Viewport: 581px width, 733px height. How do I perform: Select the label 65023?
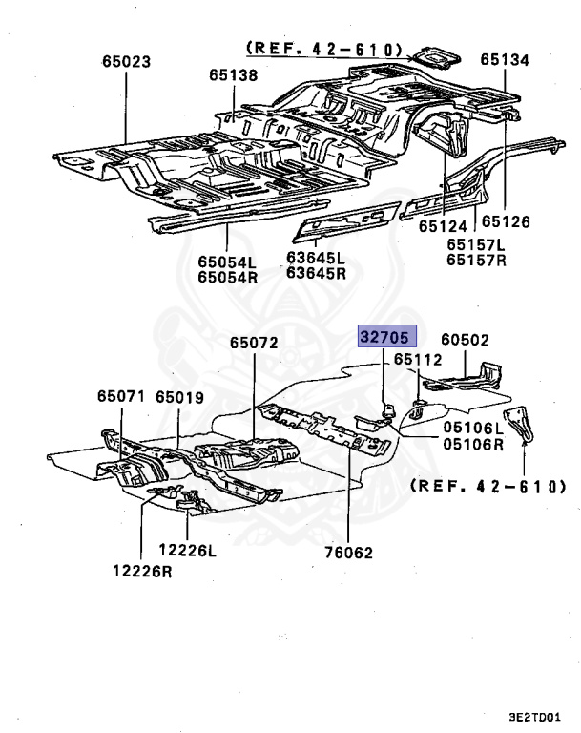coord(127,61)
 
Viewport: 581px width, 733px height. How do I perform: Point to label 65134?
coord(504,59)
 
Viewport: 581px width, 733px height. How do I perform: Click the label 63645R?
coord(316,273)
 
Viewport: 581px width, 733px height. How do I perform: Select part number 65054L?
coord(228,262)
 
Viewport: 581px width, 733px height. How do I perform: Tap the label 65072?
coord(254,342)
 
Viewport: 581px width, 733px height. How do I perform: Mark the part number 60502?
coord(465,339)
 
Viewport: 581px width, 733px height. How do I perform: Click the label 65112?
coord(418,360)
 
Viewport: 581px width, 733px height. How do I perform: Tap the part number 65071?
coord(120,396)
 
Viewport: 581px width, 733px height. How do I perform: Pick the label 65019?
coord(180,396)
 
